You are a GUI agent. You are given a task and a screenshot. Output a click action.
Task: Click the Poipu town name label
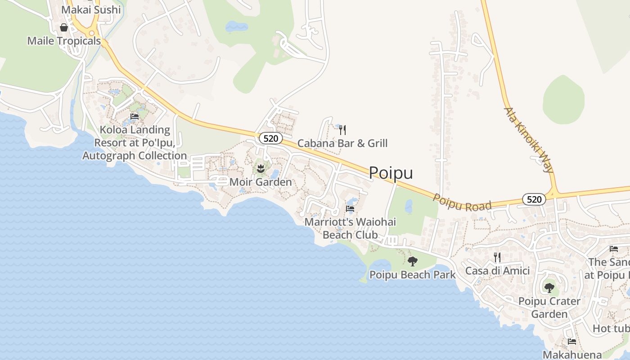pyautogui.click(x=391, y=173)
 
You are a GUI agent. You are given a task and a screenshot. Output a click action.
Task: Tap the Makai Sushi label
pyautogui.click(x=91, y=10)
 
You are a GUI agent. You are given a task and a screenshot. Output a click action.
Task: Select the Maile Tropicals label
pyautogui.click(x=64, y=41)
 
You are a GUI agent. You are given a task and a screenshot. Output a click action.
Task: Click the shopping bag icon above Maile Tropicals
pyautogui.click(x=64, y=28)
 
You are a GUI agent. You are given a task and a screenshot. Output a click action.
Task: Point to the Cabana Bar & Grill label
pyautogui.click(x=342, y=144)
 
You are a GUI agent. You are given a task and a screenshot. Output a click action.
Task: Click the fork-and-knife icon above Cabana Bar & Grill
pyautogui.click(x=342, y=130)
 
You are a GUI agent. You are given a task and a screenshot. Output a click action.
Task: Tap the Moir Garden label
pyautogui.click(x=261, y=182)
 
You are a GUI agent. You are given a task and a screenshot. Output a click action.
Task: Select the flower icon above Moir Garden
pyautogui.click(x=260, y=169)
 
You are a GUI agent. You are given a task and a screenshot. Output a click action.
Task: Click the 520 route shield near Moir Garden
pyautogui.click(x=270, y=138)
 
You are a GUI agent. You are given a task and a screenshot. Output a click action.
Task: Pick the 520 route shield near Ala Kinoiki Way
pyautogui.click(x=534, y=199)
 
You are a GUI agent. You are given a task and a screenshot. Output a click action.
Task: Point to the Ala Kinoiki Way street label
pyautogui.click(x=528, y=139)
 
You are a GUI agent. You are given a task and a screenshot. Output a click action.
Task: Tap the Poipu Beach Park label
pyautogui.click(x=413, y=274)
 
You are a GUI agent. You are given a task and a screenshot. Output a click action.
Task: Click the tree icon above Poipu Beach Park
pyautogui.click(x=412, y=261)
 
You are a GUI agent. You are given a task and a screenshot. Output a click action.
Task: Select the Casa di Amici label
pyautogui.click(x=497, y=271)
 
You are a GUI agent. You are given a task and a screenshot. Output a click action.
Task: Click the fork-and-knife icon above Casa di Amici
pyautogui.click(x=497, y=257)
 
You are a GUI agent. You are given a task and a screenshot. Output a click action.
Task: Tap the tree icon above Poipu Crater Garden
pyautogui.click(x=549, y=288)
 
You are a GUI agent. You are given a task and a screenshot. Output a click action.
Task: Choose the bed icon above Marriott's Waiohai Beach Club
pyautogui.click(x=350, y=209)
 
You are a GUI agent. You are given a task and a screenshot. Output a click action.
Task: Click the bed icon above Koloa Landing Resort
pyautogui.click(x=134, y=117)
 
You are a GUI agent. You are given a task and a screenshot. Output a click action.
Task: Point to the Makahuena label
pyautogui.click(x=572, y=355)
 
